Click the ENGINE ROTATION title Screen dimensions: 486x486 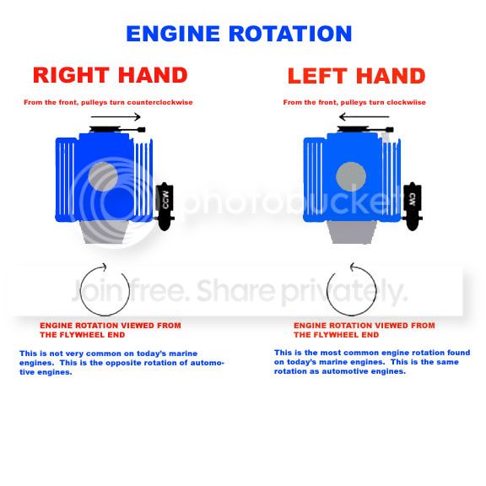coord(239,34)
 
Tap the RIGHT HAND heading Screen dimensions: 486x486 coord(111,75)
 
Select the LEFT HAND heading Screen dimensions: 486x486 coord(356,76)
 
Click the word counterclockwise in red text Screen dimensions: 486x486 coord(160,102)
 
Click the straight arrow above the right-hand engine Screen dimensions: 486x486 coord(116,116)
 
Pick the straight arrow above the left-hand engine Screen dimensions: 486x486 coord(364,116)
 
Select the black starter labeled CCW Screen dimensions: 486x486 coord(165,206)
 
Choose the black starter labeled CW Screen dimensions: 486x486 coord(413,206)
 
